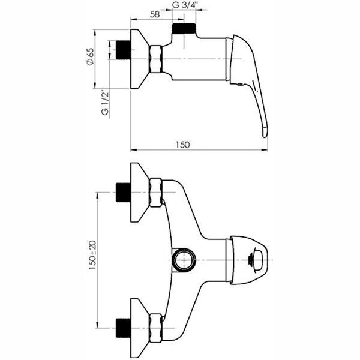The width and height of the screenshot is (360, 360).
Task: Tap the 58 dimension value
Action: click(x=155, y=14)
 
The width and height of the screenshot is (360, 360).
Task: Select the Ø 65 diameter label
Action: click(x=91, y=56)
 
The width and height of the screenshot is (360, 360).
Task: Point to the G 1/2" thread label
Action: click(x=104, y=103)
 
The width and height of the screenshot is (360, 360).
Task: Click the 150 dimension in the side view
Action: click(x=183, y=145)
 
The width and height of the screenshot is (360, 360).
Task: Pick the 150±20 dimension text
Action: click(x=92, y=254)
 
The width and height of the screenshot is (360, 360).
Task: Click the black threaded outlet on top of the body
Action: click(x=184, y=28)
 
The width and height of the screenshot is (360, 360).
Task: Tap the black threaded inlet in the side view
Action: click(x=123, y=50)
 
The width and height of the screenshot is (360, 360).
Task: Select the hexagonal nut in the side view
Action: click(x=155, y=59)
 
